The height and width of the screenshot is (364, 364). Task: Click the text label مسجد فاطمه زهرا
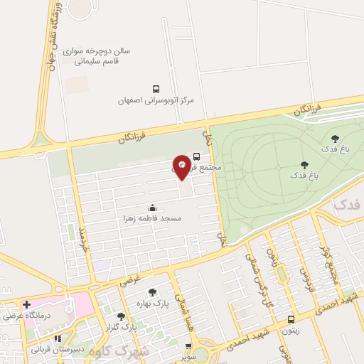click(152, 219)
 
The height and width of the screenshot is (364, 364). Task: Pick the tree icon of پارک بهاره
click(152, 291)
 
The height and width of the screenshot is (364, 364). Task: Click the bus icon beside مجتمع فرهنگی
click(196, 156)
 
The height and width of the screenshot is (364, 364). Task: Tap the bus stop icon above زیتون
click(291, 319)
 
